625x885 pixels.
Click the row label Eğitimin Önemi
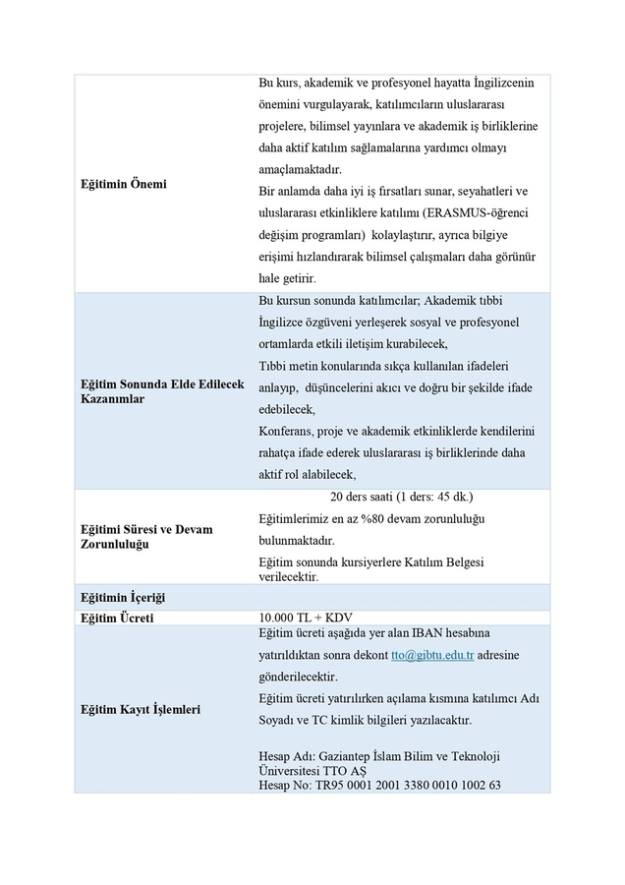coord(123,184)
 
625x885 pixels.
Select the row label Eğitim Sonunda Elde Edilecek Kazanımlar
coord(161,391)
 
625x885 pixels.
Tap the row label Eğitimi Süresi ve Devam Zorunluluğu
coord(145,536)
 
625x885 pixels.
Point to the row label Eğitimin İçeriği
coord(122,598)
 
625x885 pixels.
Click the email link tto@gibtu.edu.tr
coord(431,655)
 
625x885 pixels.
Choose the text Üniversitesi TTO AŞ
coord(315,770)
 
